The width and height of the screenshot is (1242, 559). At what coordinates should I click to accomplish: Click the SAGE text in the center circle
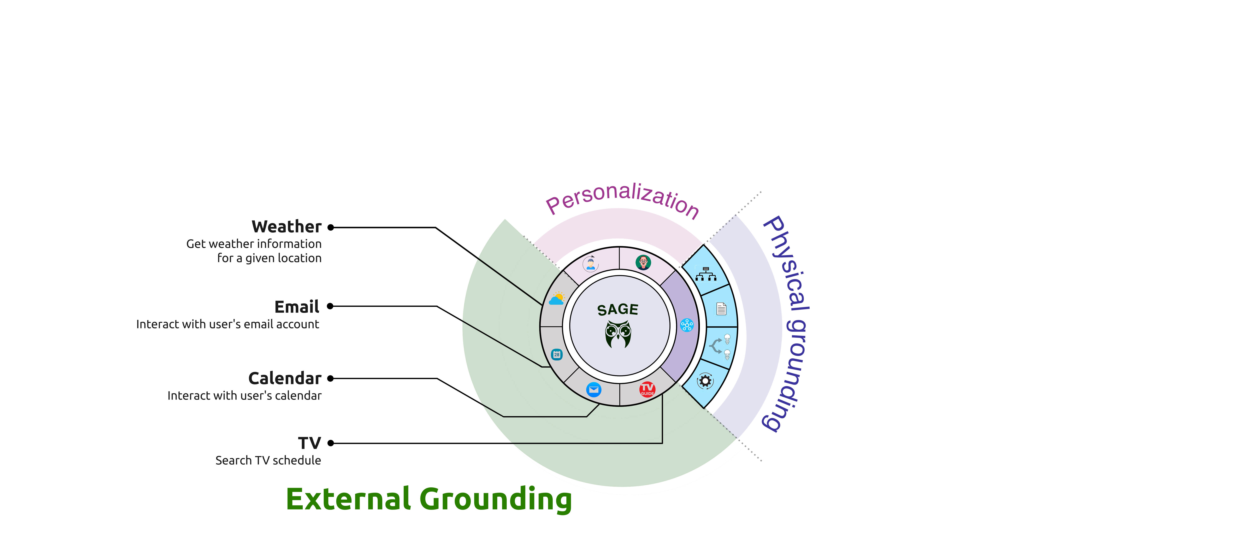click(618, 310)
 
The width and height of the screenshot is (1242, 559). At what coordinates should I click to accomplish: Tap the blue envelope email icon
click(593, 389)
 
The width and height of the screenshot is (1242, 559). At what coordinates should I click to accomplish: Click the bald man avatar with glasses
click(643, 262)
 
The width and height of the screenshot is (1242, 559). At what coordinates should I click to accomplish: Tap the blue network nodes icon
click(687, 325)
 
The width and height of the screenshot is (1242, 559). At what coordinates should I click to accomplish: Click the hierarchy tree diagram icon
click(706, 274)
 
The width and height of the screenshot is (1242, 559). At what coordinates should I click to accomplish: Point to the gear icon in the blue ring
click(705, 381)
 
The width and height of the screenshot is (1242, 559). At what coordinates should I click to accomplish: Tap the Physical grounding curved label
click(787, 323)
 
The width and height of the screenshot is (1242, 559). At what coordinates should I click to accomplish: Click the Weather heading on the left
click(286, 227)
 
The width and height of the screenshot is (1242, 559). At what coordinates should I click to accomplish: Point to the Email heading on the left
click(296, 307)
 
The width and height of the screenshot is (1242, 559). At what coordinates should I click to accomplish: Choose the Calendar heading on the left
click(284, 378)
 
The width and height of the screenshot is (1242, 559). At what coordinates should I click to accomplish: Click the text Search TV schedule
click(268, 461)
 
